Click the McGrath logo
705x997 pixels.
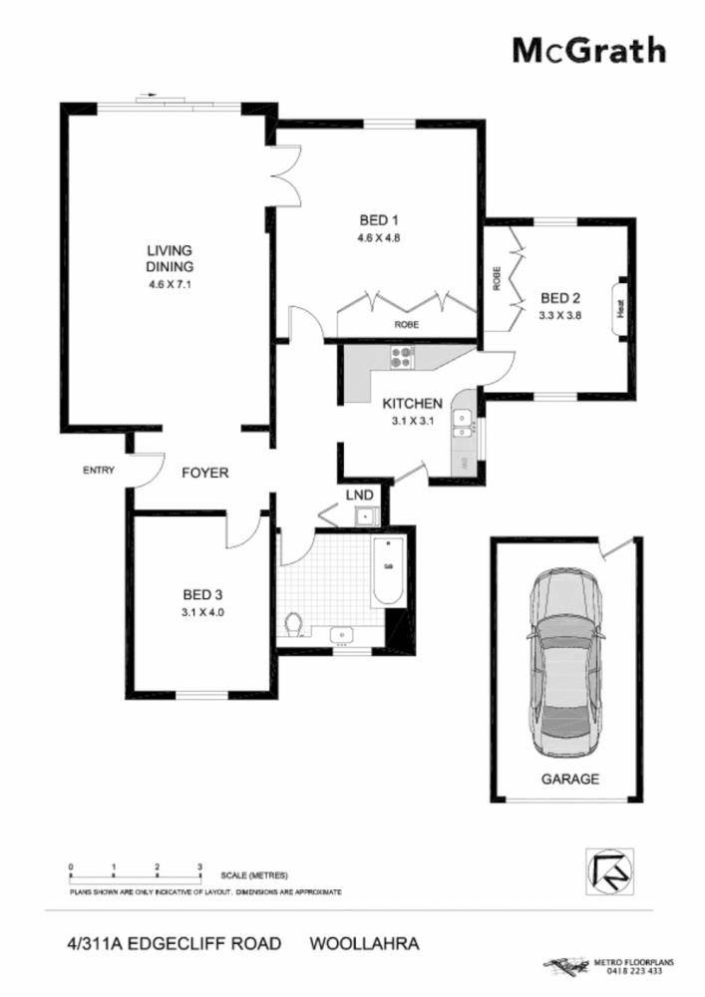point(588,50)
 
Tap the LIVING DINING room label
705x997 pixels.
point(169,258)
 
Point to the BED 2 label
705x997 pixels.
point(559,297)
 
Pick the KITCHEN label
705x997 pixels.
point(412,404)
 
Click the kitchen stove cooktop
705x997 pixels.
point(402,356)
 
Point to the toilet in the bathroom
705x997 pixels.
point(294,624)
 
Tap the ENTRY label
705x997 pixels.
point(100,472)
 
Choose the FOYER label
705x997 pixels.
point(204,473)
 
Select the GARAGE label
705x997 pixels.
point(569,780)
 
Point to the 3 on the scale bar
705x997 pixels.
point(200,866)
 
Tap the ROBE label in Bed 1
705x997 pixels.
point(406,325)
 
